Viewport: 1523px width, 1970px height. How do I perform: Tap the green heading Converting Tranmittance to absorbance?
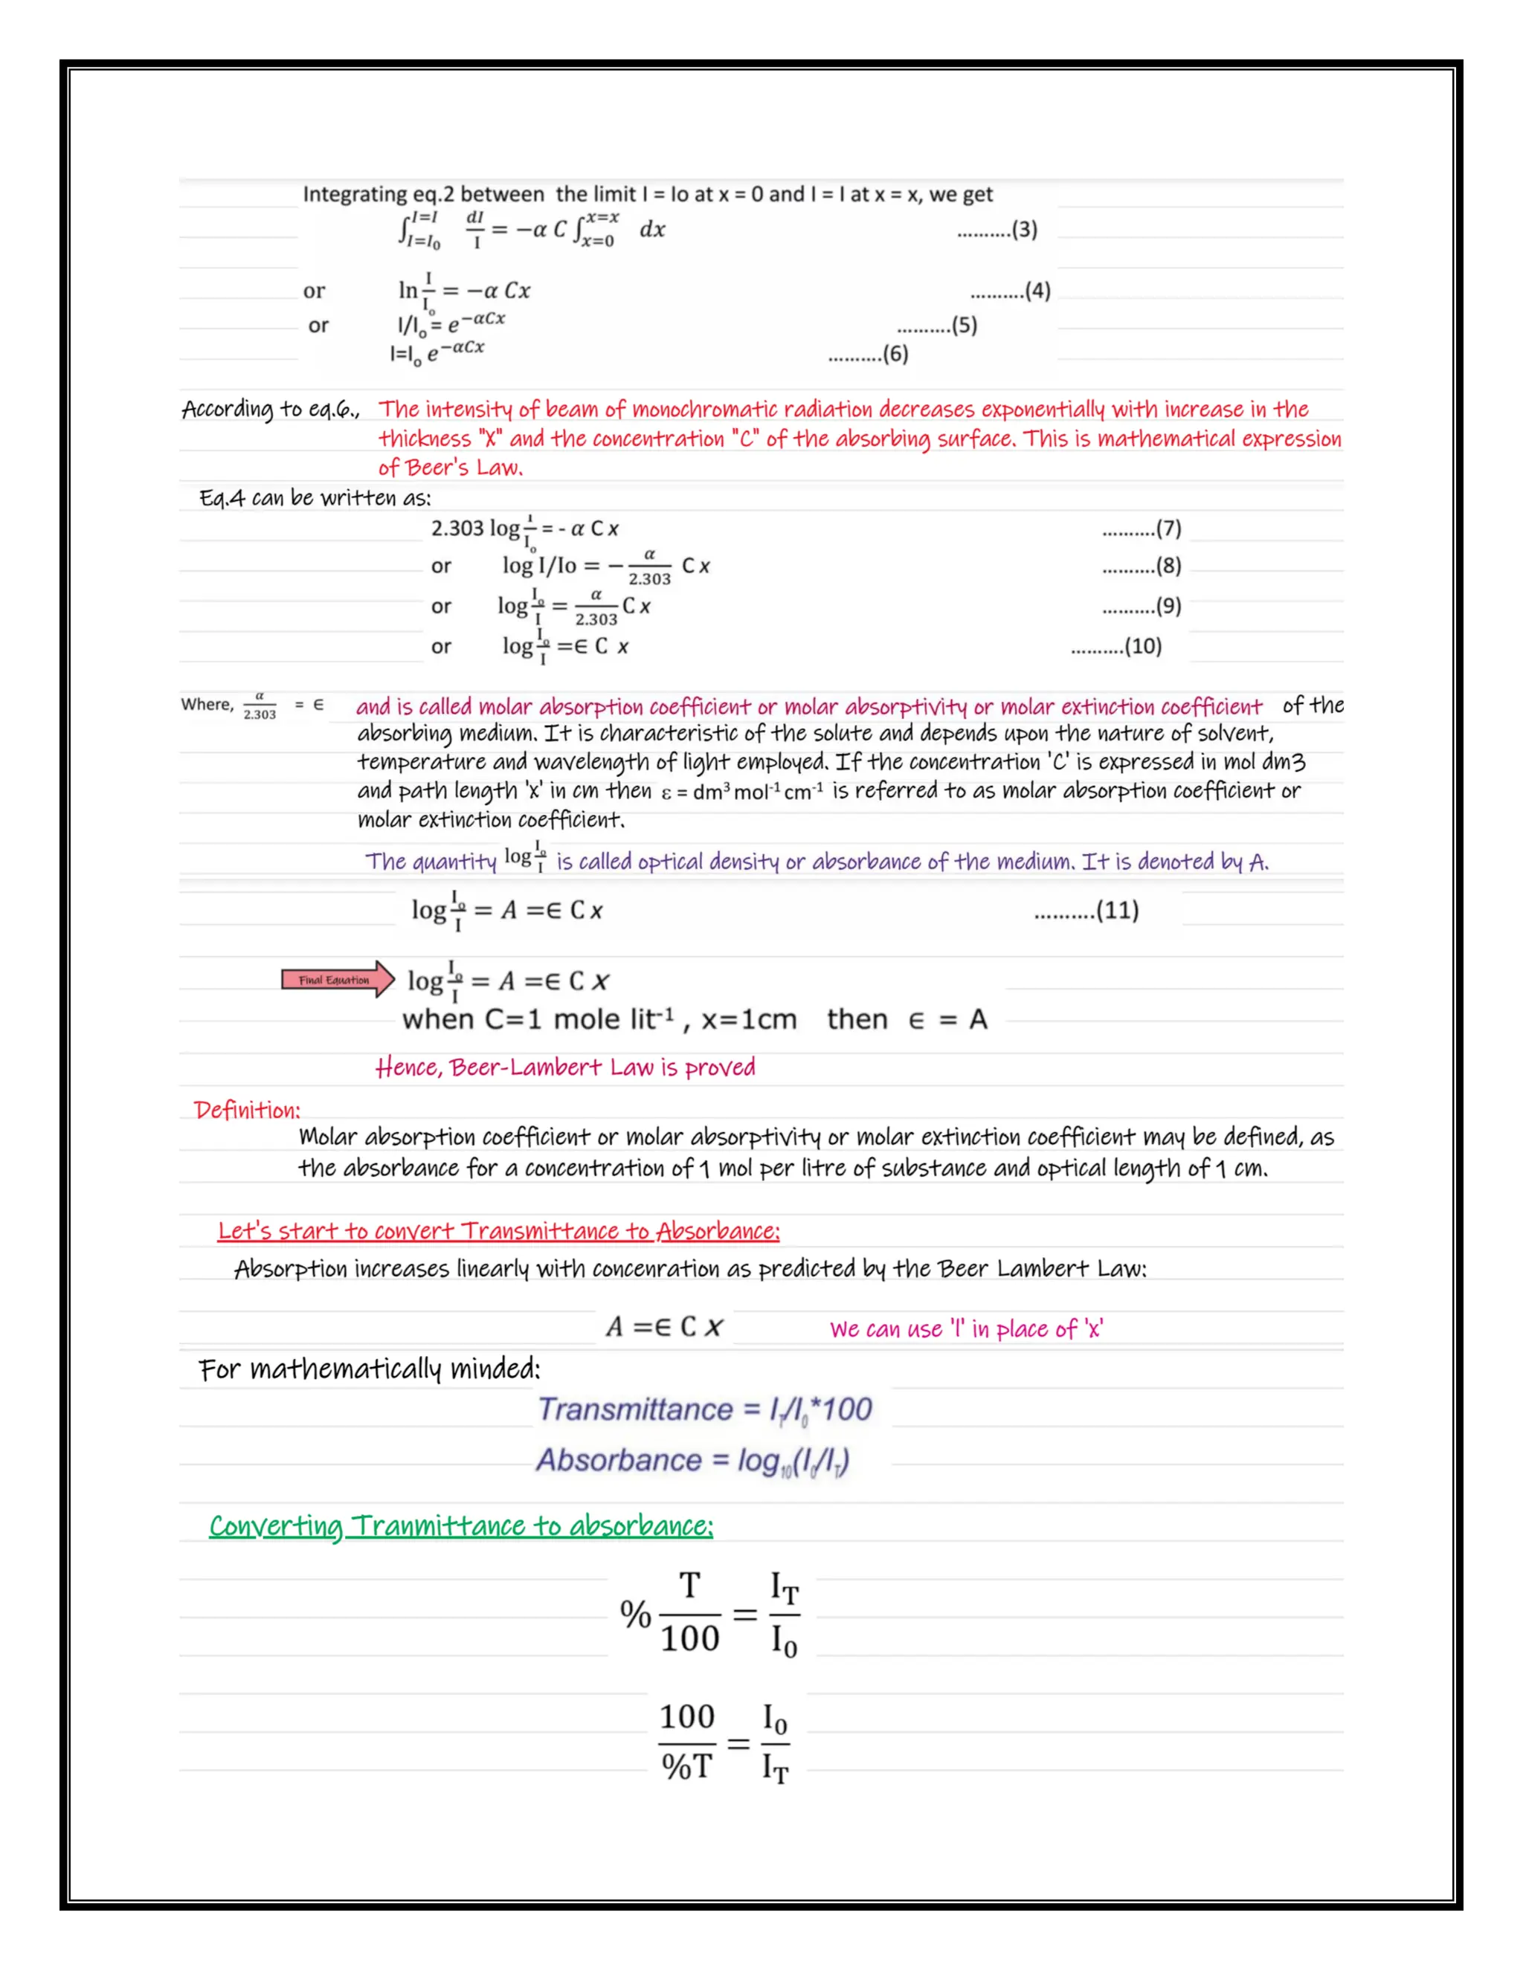(x=460, y=1526)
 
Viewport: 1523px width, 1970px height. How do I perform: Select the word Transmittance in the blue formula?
(x=635, y=1409)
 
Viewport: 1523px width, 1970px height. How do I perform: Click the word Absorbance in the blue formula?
(x=619, y=1459)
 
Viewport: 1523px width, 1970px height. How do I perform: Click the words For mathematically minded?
(x=369, y=1369)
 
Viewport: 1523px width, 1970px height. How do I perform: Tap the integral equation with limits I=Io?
(x=530, y=230)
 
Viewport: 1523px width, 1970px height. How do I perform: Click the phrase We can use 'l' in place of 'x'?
(x=965, y=1328)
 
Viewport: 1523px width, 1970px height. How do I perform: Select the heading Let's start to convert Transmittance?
(x=498, y=1231)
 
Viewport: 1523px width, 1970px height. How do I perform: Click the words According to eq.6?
(x=270, y=410)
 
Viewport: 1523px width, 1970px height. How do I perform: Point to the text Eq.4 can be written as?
(x=315, y=498)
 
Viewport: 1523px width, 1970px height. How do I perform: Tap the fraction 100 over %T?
(x=688, y=1742)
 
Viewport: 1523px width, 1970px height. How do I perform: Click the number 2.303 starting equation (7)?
(x=457, y=529)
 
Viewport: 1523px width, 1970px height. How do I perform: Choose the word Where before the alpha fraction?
(x=207, y=705)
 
